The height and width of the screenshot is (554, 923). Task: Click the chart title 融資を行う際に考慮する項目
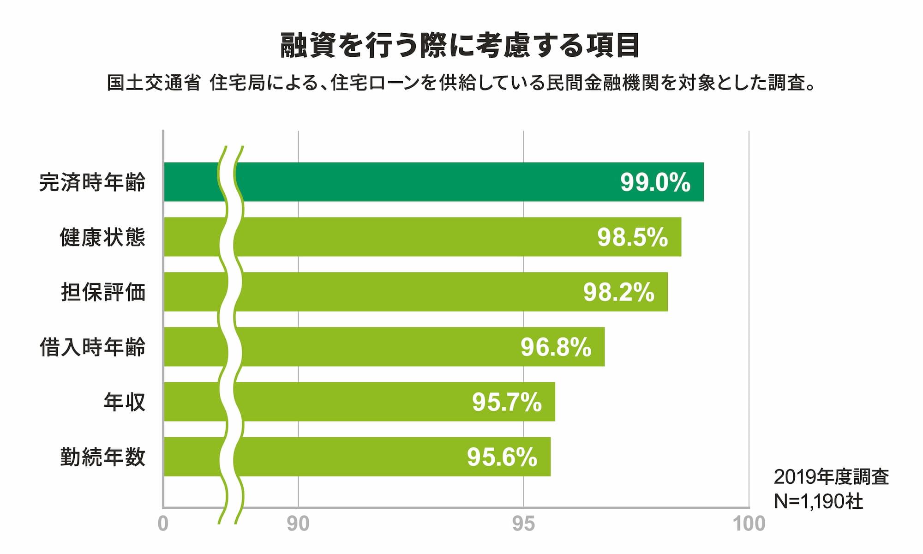460,45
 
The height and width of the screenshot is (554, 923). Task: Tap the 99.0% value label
655,182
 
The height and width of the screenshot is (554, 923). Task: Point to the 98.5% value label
633,237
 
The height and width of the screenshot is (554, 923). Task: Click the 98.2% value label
619,292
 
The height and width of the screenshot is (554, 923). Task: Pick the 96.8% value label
556,347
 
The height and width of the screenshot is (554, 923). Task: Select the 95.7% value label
507,402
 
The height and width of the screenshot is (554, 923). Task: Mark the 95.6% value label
502,457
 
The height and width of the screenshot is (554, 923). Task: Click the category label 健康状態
102,237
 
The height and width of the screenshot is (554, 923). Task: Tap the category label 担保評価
103,292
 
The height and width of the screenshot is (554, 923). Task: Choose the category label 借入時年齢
92,347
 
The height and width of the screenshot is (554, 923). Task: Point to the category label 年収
124,402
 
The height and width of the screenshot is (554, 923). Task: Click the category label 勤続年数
102,457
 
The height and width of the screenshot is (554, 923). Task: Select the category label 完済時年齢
92,182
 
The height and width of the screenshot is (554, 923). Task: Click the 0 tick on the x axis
163,524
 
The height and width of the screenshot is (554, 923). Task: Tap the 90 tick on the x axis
298,524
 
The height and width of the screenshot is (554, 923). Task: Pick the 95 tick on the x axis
524,524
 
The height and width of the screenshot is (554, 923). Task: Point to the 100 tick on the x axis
749,524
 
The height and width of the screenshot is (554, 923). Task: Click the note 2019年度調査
831,477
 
